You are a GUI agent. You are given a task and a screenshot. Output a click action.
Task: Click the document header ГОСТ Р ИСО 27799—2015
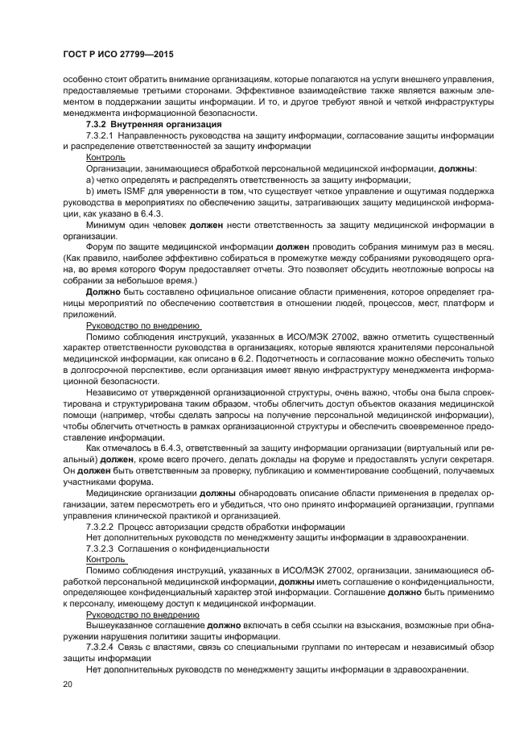pyautogui.click(x=119, y=54)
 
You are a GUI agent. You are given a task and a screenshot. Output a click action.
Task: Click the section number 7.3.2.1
pyautogui.click(x=100, y=137)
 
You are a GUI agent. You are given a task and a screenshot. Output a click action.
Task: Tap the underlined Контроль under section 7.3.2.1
pyautogui.click(x=105, y=159)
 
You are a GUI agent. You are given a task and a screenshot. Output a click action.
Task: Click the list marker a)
pyautogui.click(x=90, y=180)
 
